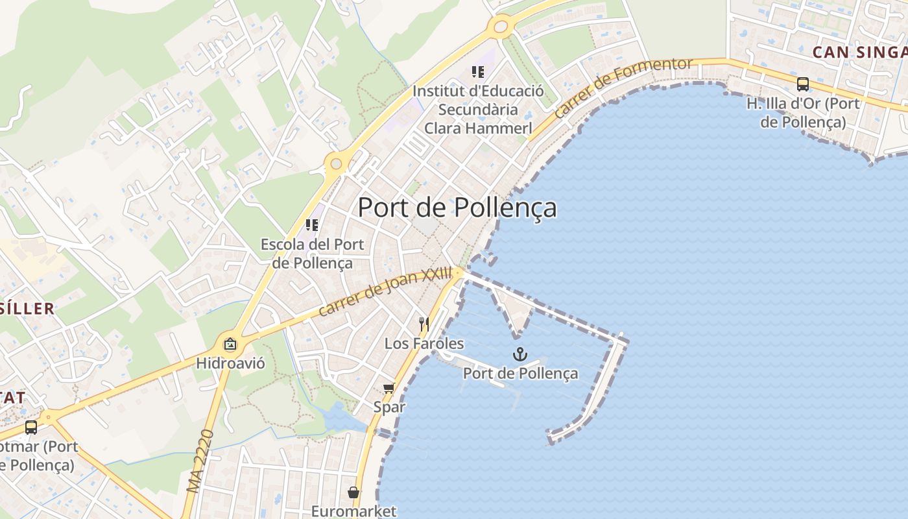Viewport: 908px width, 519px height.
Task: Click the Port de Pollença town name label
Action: pyautogui.click(x=457, y=208)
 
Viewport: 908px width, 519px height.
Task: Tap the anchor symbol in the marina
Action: pyautogui.click(x=520, y=354)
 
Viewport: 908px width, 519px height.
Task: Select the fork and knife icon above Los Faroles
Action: pyautogui.click(x=424, y=324)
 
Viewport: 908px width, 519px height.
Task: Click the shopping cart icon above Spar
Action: pyautogui.click(x=388, y=388)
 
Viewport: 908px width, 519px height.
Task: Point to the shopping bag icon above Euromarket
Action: pyautogui.click(x=353, y=492)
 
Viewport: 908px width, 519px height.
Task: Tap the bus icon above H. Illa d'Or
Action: pyautogui.click(x=802, y=84)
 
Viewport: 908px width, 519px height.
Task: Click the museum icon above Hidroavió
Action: pyautogui.click(x=230, y=344)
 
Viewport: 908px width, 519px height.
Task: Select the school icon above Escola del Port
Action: pyautogui.click(x=312, y=225)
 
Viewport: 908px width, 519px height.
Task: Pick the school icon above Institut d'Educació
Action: pyautogui.click(x=478, y=71)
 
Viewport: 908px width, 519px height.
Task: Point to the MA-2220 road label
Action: pyautogui.click(x=200, y=461)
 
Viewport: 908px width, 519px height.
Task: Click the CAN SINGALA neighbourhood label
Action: pyautogui.click(x=859, y=53)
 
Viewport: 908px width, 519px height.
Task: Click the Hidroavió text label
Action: pyautogui.click(x=230, y=363)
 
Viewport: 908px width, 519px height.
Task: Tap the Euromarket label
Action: pyautogui.click(x=353, y=511)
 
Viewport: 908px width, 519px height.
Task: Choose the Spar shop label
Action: pyautogui.click(x=389, y=407)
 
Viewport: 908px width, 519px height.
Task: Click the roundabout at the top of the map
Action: pyautogui.click(x=500, y=27)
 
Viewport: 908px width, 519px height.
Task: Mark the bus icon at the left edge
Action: pyautogui.click(x=30, y=428)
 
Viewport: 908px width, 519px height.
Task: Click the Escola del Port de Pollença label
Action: pyautogui.click(x=313, y=254)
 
